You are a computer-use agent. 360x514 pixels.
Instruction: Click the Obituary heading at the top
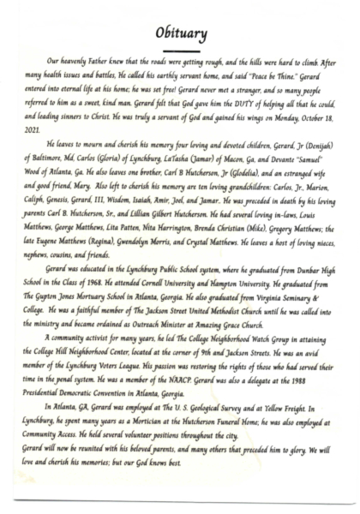(x=181, y=33)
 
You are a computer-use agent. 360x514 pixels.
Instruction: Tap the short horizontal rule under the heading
(x=181, y=51)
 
